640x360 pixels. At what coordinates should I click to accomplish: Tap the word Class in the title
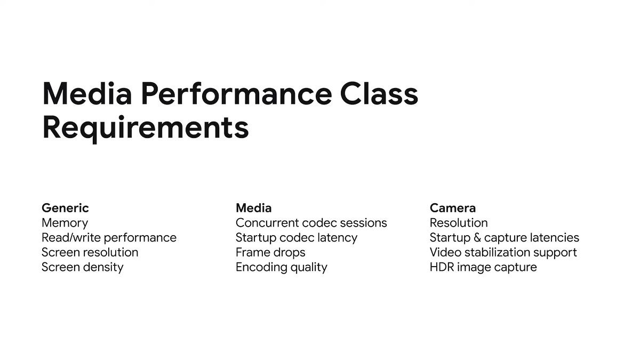click(379, 94)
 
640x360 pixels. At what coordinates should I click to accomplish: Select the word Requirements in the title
click(145, 128)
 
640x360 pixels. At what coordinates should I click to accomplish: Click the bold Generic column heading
click(65, 208)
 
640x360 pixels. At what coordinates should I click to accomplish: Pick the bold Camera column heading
click(452, 208)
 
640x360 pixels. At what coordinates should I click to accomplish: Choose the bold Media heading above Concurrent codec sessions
click(253, 208)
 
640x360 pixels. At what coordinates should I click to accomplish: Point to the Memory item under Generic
click(65, 223)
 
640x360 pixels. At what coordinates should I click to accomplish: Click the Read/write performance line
click(109, 238)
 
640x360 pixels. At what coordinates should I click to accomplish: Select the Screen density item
click(82, 267)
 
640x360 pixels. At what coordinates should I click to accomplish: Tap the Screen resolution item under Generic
click(90, 252)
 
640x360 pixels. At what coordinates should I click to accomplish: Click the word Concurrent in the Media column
click(267, 223)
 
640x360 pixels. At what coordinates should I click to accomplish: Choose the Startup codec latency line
click(296, 238)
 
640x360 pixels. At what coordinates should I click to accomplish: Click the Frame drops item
click(270, 252)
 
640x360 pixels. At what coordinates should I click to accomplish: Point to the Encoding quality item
click(281, 267)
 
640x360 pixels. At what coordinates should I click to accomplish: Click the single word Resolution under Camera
click(459, 223)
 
